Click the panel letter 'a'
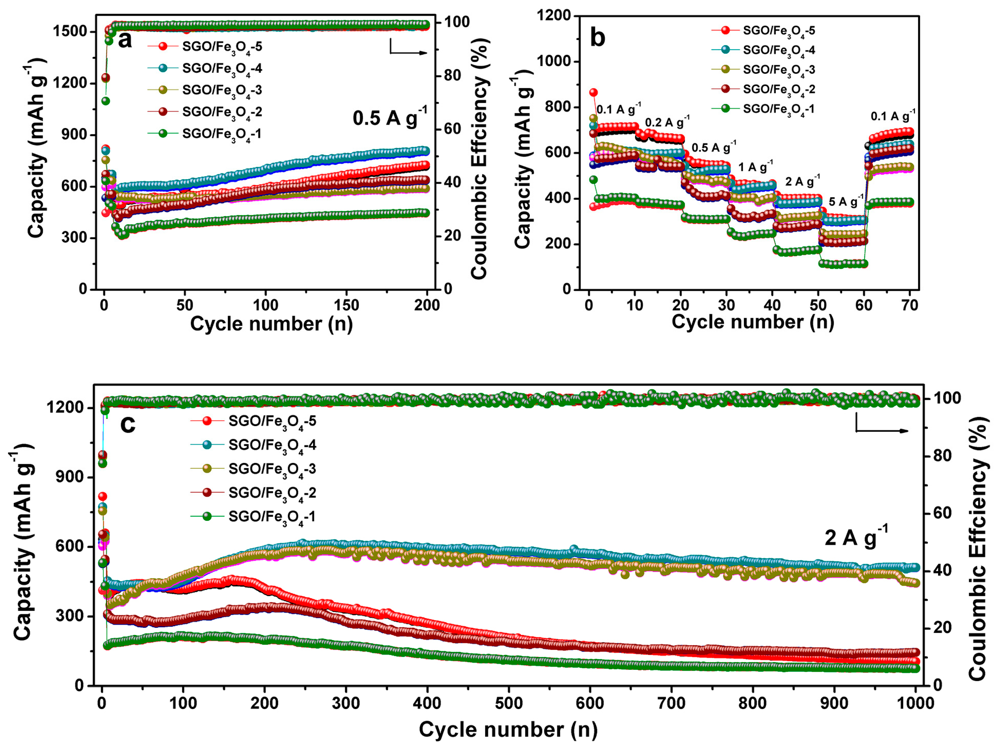coord(125,41)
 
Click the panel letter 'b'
coord(597,37)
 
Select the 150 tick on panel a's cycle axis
coord(346,306)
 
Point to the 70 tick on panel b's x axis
coord(910,306)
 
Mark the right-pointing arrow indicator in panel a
coord(408,49)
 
